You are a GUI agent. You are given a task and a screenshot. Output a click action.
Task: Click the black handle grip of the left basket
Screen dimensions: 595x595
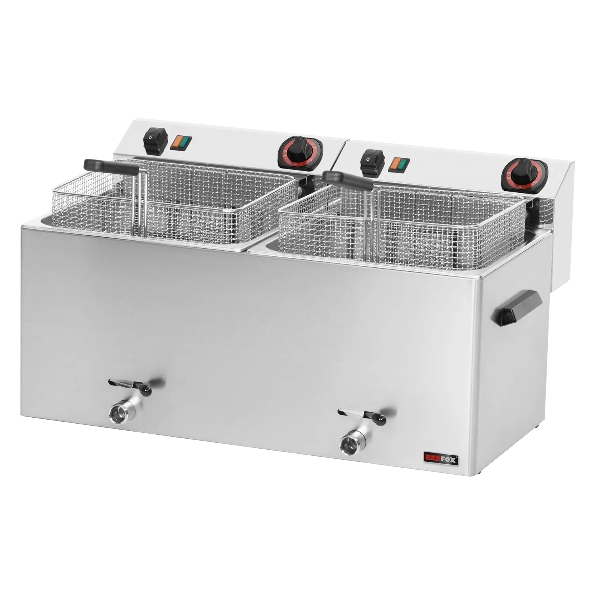tap(111, 165)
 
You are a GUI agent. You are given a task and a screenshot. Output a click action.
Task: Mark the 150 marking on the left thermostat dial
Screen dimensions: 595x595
tap(295, 163)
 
